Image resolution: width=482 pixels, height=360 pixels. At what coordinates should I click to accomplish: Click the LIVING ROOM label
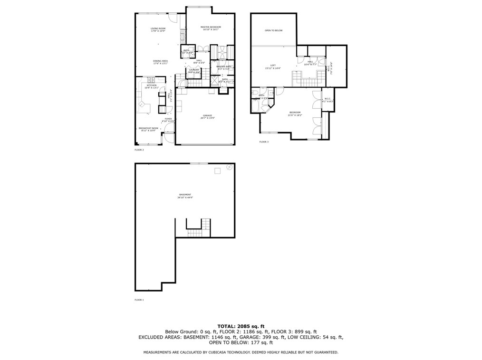(158, 29)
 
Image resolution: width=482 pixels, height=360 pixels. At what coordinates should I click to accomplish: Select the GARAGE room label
(207, 115)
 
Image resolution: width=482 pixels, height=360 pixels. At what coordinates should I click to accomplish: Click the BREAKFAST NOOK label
(148, 128)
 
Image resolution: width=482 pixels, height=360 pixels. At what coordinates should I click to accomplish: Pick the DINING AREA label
(160, 61)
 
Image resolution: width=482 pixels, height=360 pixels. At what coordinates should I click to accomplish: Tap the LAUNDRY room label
(194, 70)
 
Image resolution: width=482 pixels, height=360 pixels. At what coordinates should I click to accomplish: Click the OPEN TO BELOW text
(273, 30)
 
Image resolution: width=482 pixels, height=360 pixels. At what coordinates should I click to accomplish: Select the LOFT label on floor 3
(273, 66)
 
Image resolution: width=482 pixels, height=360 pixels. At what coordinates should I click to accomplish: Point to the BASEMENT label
(185, 195)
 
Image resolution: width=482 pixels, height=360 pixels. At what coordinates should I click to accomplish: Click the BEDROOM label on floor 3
(295, 113)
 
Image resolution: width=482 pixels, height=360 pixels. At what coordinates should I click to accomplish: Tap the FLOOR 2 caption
(139, 150)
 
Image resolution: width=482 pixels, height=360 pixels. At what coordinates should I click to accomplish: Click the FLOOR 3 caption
(264, 142)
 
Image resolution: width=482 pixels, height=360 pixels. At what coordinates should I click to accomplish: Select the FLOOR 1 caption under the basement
(139, 300)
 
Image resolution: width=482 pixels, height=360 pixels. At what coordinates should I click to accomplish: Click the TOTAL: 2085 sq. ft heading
(241, 326)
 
